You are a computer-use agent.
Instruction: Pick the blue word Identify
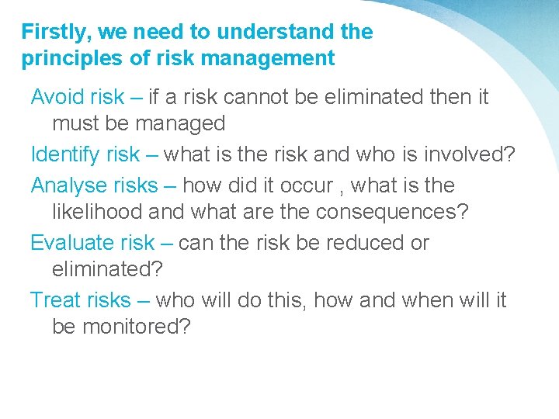pos(65,154)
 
